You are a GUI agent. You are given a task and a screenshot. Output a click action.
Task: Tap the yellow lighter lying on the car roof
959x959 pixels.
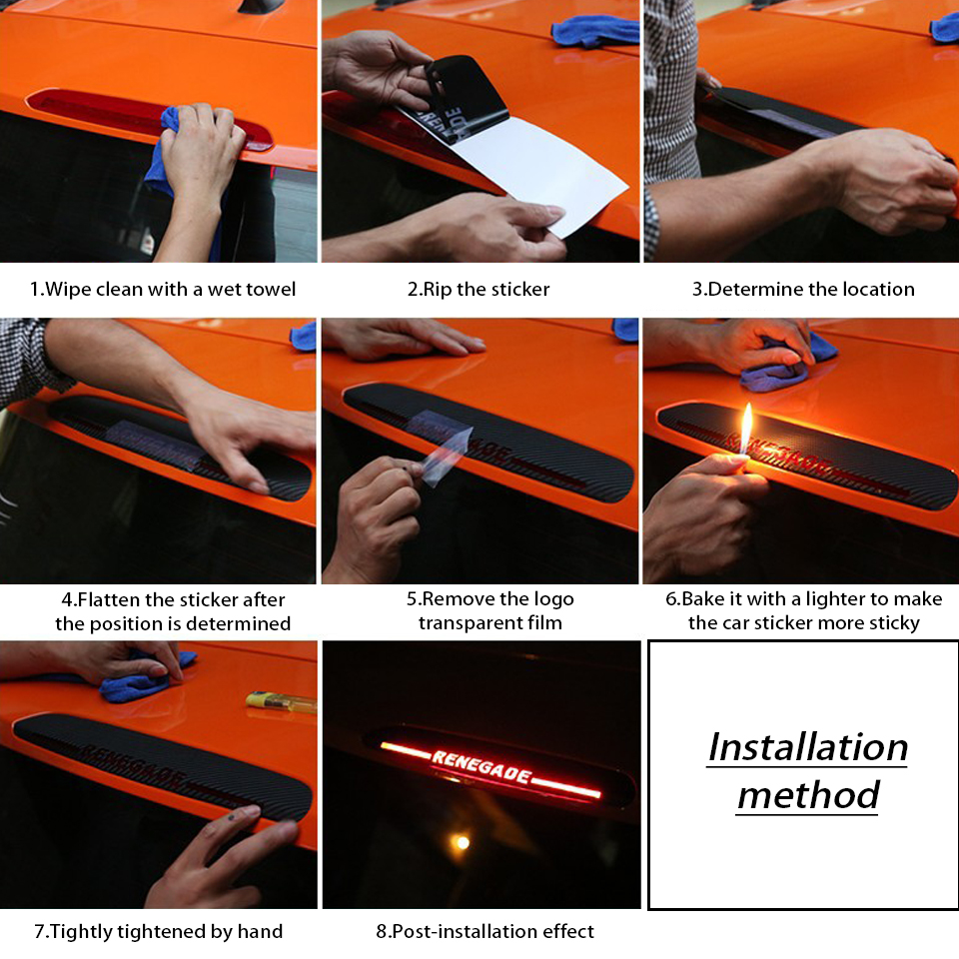tap(281, 701)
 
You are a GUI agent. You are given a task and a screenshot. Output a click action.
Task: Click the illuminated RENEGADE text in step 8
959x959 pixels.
tap(481, 766)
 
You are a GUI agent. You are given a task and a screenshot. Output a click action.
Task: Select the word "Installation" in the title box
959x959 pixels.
tap(807, 747)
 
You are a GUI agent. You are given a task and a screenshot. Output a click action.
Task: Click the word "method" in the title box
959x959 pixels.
tap(808, 795)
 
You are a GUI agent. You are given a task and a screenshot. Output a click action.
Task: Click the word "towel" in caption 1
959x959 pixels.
tap(269, 289)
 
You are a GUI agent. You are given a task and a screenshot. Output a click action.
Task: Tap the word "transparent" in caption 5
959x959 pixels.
tap(466, 623)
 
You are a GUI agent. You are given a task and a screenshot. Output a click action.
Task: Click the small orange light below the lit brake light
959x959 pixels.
tap(463, 843)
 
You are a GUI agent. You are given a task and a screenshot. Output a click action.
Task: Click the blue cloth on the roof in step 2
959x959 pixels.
tap(595, 31)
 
